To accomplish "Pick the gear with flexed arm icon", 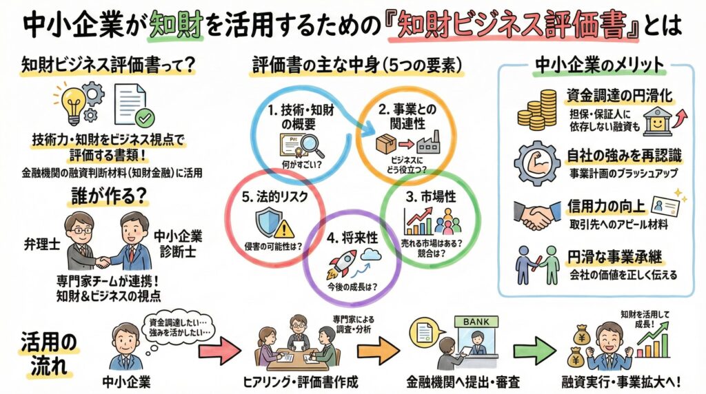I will point(538,160).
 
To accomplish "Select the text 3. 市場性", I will point(432,197).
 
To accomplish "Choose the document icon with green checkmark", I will point(132,103).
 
